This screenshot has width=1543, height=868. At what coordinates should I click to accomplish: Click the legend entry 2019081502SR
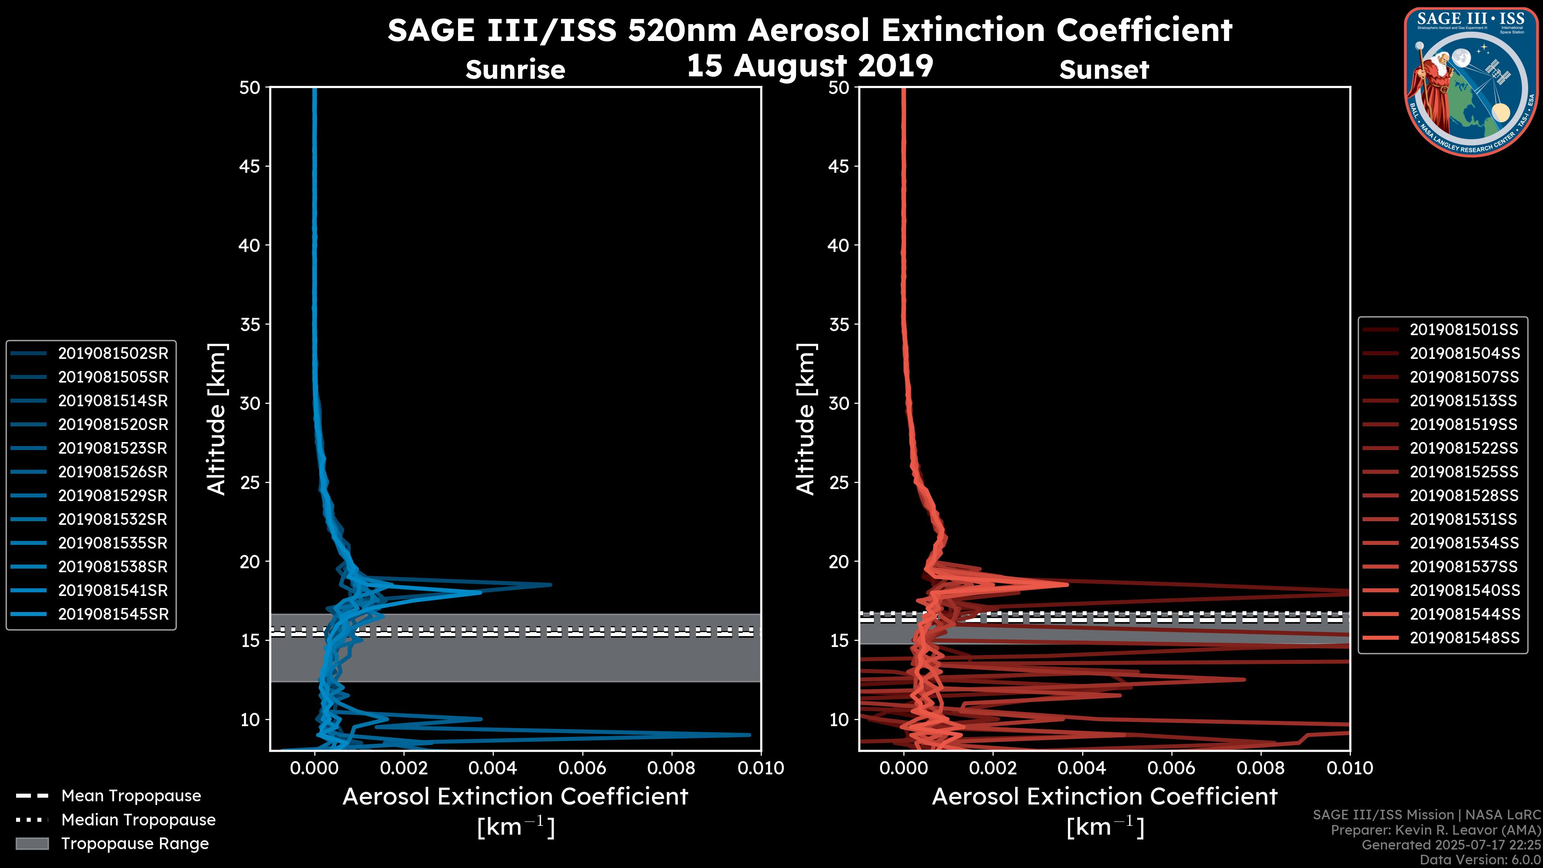[x=113, y=354]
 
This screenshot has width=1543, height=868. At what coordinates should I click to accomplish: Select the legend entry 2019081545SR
[x=113, y=614]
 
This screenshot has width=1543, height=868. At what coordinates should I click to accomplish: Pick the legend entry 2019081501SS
[x=1464, y=330]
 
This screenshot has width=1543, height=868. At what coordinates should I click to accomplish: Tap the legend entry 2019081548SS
[x=1464, y=638]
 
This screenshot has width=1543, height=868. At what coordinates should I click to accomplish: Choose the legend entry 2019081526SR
[x=113, y=472]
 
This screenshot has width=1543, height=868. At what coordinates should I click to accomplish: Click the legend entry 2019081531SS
[x=1464, y=519]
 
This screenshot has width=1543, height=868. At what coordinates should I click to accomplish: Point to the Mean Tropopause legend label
[x=131, y=796]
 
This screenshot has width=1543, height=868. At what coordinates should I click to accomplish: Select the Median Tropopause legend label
[x=138, y=819]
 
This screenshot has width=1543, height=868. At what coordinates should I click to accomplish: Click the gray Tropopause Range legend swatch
[x=32, y=843]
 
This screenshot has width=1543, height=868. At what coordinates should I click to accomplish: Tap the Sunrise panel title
[x=515, y=70]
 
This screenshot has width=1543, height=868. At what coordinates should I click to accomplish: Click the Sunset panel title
[x=1104, y=70]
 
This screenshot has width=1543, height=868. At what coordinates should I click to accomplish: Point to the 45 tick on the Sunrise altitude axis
[x=250, y=166]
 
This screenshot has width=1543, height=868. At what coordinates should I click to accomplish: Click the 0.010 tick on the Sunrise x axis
[x=760, y=768]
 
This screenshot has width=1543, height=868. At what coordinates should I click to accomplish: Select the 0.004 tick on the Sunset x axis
[x=1083, y=768]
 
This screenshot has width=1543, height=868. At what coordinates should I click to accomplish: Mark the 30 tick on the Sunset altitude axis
[x=839, y=403]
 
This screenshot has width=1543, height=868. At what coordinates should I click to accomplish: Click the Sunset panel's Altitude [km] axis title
[x=806, y=419]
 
